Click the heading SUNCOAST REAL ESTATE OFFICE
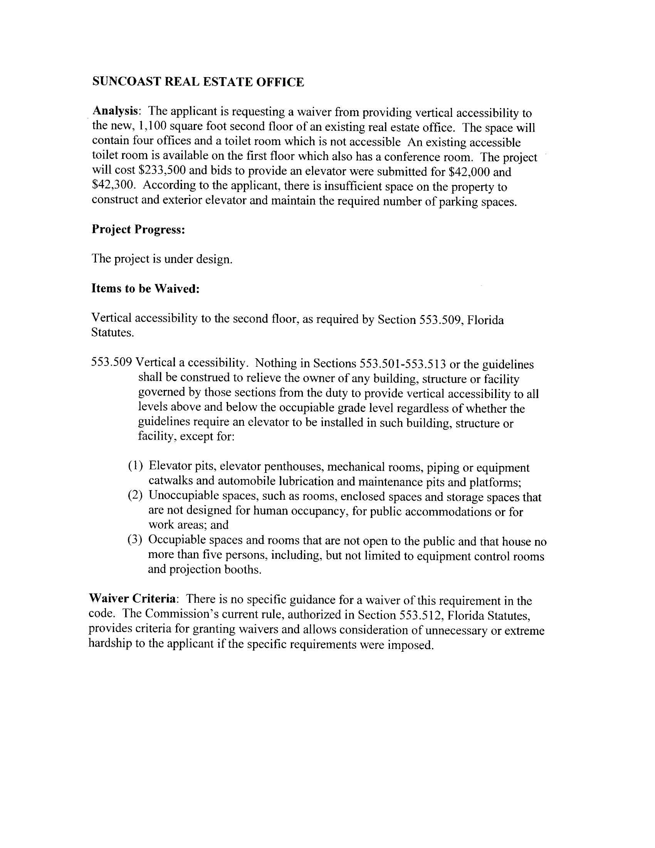pyautogui.click(x=198, y=82)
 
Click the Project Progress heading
pyautogui.click(x=138, y=229)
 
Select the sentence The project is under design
pyautogui.click(x=162, y=259)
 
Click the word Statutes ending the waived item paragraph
pyautogui.click(x=113, y=333)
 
